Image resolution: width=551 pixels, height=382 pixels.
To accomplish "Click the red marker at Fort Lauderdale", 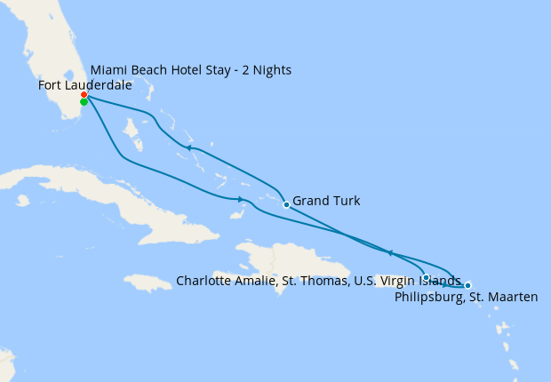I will coord(84,94).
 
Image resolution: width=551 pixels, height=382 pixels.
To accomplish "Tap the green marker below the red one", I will coord(84,102).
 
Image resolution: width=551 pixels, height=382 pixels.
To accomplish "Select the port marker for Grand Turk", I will coord(286,204).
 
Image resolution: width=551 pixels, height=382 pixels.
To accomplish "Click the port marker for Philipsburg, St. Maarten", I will coord(467,285).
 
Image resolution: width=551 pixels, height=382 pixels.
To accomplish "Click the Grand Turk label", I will coord(326,202).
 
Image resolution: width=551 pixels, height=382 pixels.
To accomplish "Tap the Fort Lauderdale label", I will coord(85,85).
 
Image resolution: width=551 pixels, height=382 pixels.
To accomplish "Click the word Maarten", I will coord(513,298).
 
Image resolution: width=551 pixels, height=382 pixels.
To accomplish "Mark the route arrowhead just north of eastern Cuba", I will coord(241,199).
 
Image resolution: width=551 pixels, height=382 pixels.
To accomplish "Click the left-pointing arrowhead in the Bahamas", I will coord(188,147).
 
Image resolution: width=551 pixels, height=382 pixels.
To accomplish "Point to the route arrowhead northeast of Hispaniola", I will coord(389,253).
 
